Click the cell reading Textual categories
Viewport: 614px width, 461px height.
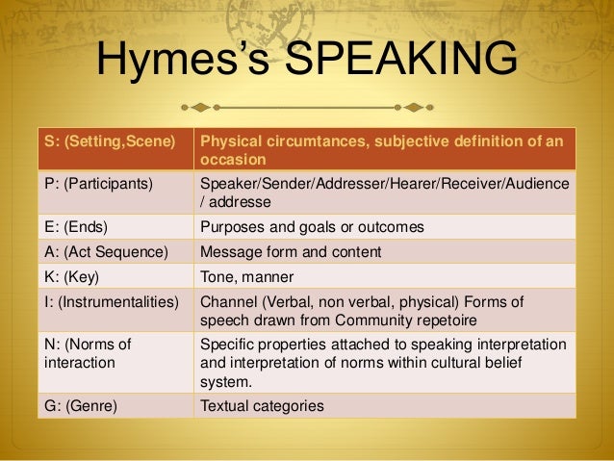(x=262, y=405)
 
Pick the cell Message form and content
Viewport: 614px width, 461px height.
(x=291, y=251)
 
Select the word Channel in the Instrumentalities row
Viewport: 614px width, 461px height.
(x=229, y=301)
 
